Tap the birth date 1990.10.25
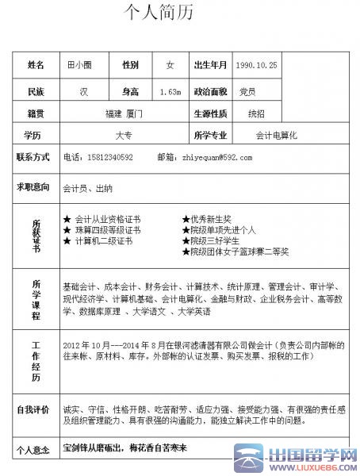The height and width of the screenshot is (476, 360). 257,64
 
